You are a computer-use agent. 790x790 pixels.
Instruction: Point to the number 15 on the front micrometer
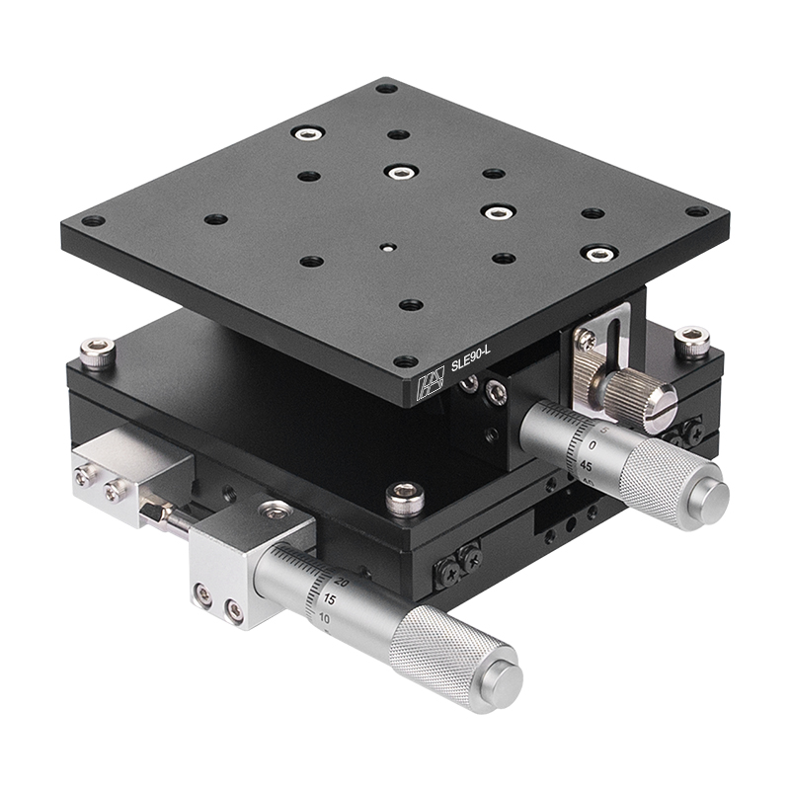329,599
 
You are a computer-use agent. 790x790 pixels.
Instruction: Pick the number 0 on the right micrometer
592,445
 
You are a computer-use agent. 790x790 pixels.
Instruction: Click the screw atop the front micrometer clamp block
274,511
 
